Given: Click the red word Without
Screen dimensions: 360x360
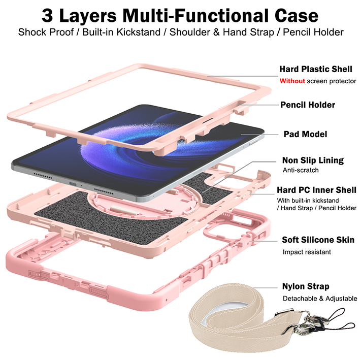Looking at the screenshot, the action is (x=292, y=81).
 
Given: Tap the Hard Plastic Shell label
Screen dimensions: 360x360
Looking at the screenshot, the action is (x=316, y=69).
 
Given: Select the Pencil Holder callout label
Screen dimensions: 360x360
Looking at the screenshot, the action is (x=308, y=105).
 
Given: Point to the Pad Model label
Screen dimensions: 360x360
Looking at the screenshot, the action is (x=305, y=134).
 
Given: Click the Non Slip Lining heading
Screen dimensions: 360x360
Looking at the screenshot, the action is (x=313, y=160).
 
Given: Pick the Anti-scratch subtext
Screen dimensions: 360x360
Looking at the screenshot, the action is (x=301, y=170).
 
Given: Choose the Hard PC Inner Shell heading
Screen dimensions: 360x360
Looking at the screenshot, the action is (x=316, y=190).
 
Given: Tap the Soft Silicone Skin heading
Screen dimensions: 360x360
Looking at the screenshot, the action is (x=318, y=240).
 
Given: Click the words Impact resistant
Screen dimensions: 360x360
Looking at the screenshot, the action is (x=307, y=252).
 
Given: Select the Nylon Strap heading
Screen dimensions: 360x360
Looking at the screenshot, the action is (x=306, y=286).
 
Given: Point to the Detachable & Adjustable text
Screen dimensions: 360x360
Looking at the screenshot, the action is (x=320, y=299).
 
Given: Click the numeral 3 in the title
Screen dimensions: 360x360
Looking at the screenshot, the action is (x=48, y=16).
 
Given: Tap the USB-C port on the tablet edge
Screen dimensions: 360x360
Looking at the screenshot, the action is (x=73, y=184).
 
